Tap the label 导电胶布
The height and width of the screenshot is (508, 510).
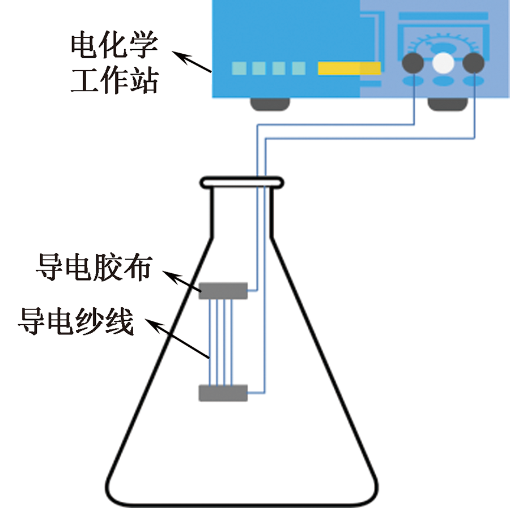(x=94, y=267)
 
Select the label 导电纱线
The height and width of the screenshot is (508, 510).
(x=76, y=322)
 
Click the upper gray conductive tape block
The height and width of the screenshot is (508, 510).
(x=223, y=290)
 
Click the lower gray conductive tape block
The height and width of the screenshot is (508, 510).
(x=223, y=392)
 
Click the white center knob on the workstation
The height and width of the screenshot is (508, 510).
(x=443, y=63)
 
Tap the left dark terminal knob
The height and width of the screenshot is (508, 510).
(x=413, y=63)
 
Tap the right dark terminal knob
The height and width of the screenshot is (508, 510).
(x=473, y=63)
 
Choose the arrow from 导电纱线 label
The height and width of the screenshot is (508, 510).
(x=178, y=339)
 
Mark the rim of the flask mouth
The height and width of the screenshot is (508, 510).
(x=241, y=182)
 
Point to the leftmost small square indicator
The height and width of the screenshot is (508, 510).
(x=239, y=68)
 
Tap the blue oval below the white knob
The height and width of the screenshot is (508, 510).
(x=443, y=82)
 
